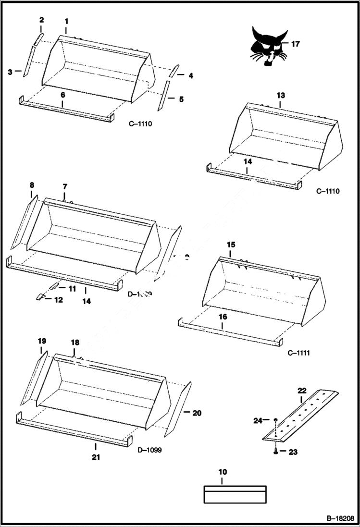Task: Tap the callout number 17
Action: [295, 44]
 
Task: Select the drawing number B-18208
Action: [340, 519]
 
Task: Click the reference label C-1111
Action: [298, 353]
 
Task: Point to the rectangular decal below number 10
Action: [235, 494]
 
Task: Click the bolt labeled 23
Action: [275, 451]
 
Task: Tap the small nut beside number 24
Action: [274, 421]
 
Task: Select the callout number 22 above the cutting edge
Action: [301, 391]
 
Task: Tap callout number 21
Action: [96, 457]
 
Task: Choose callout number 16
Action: [223, 317]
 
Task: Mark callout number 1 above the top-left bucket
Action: [66, 21]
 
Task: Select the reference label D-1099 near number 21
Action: [149, 450]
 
